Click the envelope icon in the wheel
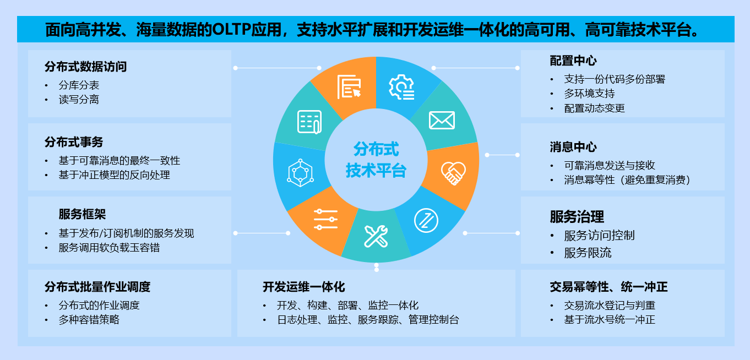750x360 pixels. tap(442, 120)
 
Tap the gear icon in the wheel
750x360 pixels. tap(401, 87)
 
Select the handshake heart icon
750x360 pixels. tap(453, 173)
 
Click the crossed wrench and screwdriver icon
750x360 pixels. tap(376, 237)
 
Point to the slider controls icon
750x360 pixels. tap(325, 220)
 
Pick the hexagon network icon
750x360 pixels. tap(300, 173)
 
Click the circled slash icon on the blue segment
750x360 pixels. tap(426, 221)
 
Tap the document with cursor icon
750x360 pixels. tap(349, 87)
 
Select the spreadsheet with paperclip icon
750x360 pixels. tap(309, 122)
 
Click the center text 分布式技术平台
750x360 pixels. tap(376, 160)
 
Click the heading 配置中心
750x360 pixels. tap(573, 61)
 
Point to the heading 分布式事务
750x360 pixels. tap(74, 142)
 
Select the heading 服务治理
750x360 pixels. tap(577, 216)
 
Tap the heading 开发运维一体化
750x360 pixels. tap(303, 287)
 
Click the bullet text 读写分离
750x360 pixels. tap(79, 100)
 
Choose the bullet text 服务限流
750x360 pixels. tap(588, 253)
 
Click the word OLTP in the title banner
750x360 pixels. tap(232, 29)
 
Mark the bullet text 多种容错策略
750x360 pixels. tap(89, 319)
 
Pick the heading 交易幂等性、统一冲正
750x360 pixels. tap(608, 287)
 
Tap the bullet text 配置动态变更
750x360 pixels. tap(594, 108)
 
